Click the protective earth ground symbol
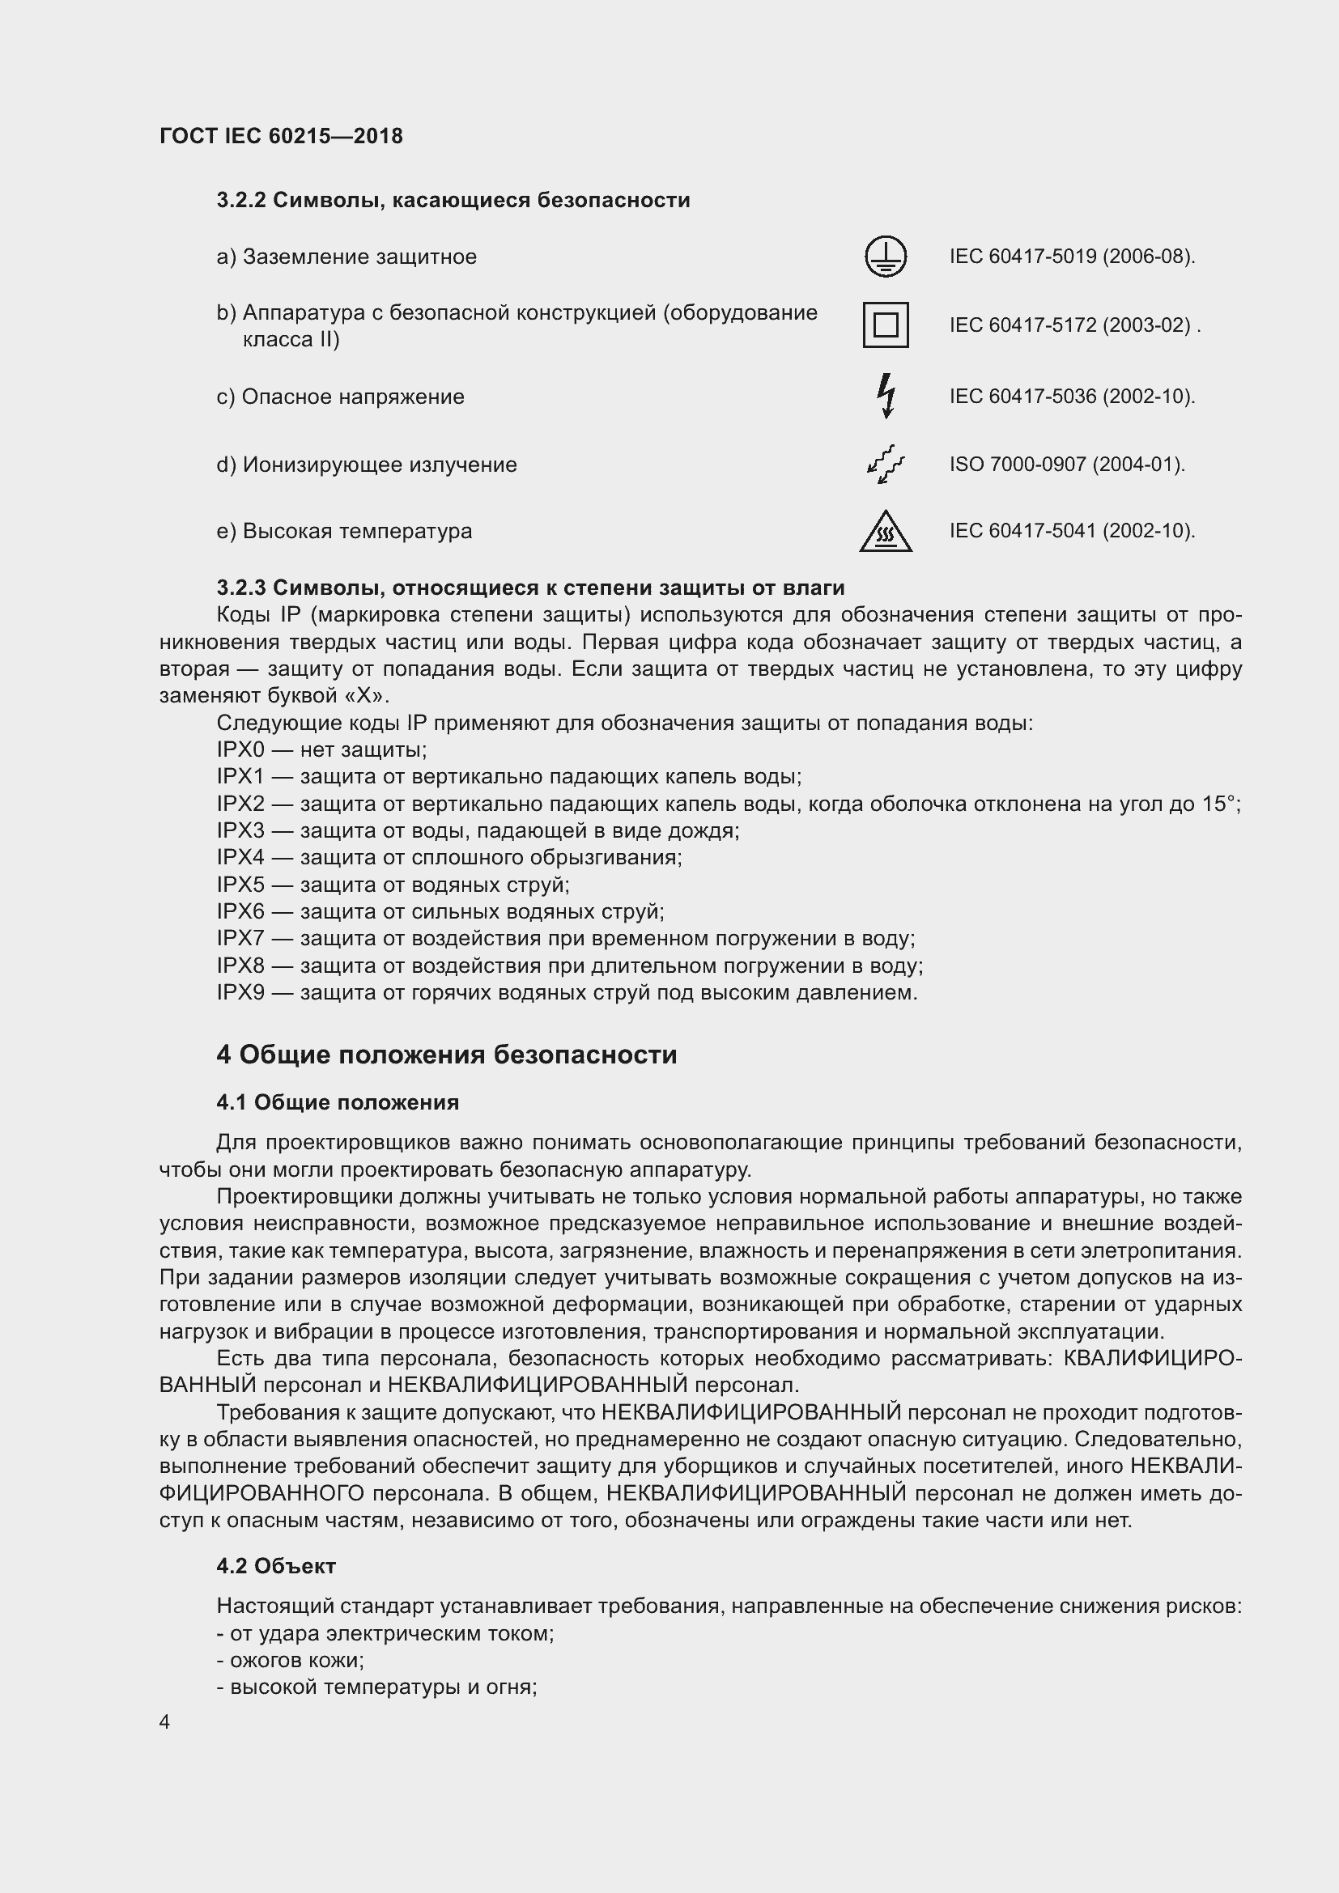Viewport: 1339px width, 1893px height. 886,257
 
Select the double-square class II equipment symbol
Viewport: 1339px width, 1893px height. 886,325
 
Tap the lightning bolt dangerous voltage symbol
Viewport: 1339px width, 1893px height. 886,396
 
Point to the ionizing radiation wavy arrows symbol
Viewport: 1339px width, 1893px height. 886,465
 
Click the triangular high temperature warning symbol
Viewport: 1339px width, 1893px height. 886,531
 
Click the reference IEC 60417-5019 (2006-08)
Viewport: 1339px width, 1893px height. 1072,257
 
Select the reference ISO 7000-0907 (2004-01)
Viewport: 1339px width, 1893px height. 1066,465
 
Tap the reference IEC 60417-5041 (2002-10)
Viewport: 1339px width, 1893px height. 1072,530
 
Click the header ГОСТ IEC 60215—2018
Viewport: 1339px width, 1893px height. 281,137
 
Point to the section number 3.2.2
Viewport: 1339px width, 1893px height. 240,201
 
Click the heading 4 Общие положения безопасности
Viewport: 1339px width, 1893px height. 446,1055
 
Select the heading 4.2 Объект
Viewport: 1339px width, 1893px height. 276,1566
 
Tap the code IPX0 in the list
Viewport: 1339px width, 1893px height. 240,749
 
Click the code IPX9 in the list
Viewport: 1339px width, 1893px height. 240,992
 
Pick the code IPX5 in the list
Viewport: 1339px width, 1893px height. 240,885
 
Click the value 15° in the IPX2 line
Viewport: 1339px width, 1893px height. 1220,803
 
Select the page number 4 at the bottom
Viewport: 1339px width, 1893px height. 165,1721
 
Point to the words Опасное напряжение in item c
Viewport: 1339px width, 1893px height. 353,397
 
